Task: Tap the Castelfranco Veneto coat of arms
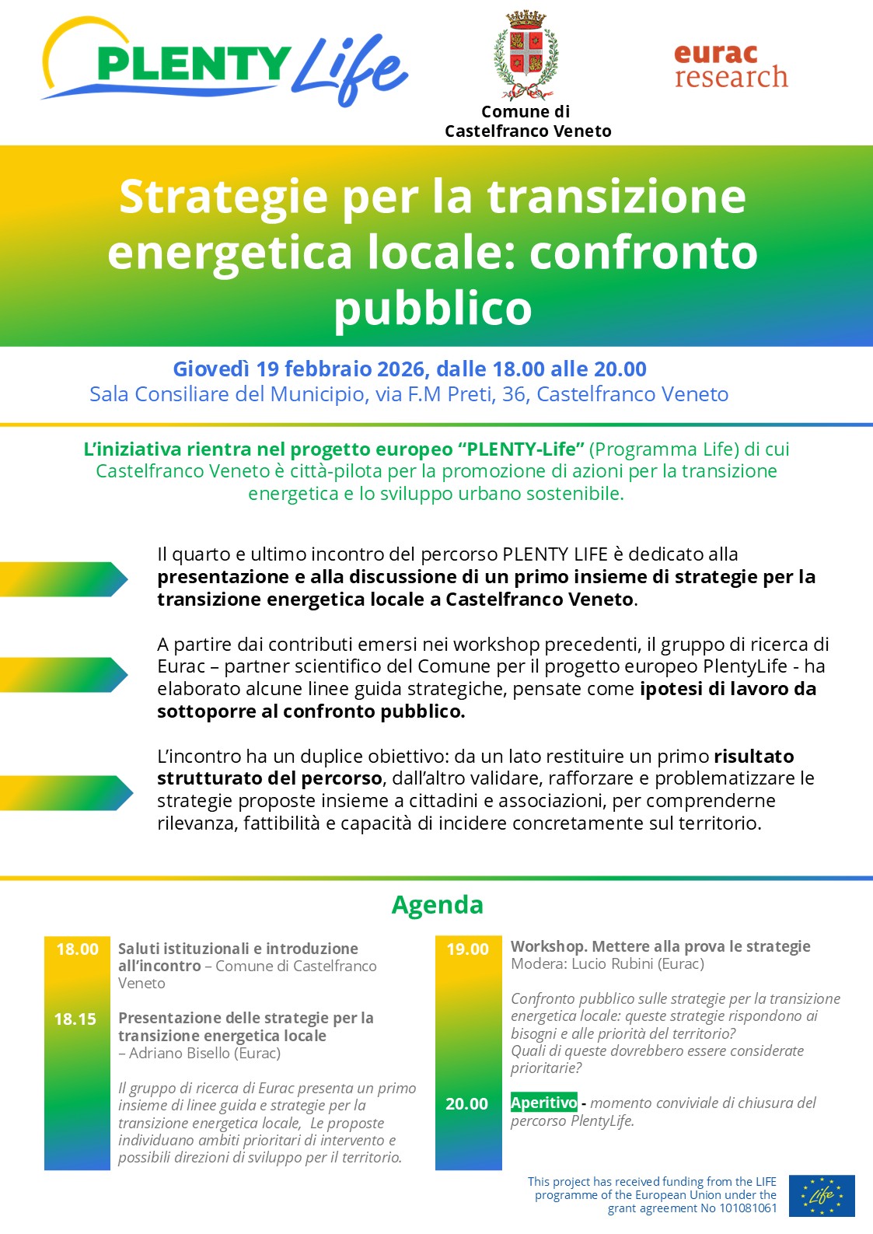click(526, 55)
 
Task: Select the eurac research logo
click(731, 65)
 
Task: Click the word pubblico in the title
click(433, 309)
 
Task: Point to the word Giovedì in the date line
click(211, 369)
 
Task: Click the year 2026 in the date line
click(402, 369)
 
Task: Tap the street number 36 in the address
click(514, 394)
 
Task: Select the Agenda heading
click(437, 904)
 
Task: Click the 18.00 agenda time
click(77, 949)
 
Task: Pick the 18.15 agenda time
click(75, 1019)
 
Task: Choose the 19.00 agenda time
click(467, 949)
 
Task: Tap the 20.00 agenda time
click(466, 1103)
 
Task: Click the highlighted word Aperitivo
click(543, 1103)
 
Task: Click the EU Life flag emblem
click(822, 1195)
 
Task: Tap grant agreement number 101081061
click(747, 1208)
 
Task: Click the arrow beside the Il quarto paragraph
click(64, 579)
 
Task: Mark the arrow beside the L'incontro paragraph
click(66, 792)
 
